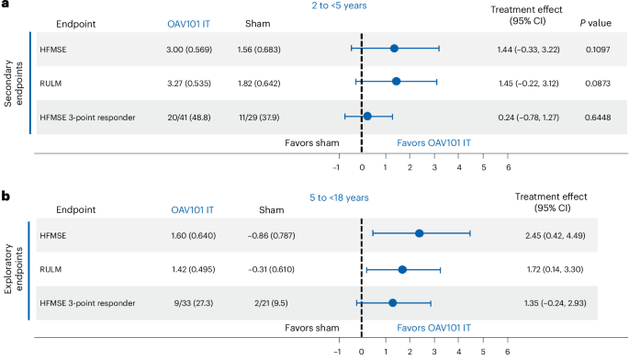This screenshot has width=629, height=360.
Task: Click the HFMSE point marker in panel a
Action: tap(395, 48)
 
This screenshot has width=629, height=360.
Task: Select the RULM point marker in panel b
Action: tap(402, 270)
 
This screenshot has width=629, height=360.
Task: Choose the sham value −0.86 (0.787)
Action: tap(258, 235)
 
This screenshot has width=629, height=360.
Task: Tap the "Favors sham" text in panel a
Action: tap(310, 144)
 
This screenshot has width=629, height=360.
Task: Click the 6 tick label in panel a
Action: tap(508, 167)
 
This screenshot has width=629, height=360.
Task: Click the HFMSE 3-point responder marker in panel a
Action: tap(367, 116)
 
